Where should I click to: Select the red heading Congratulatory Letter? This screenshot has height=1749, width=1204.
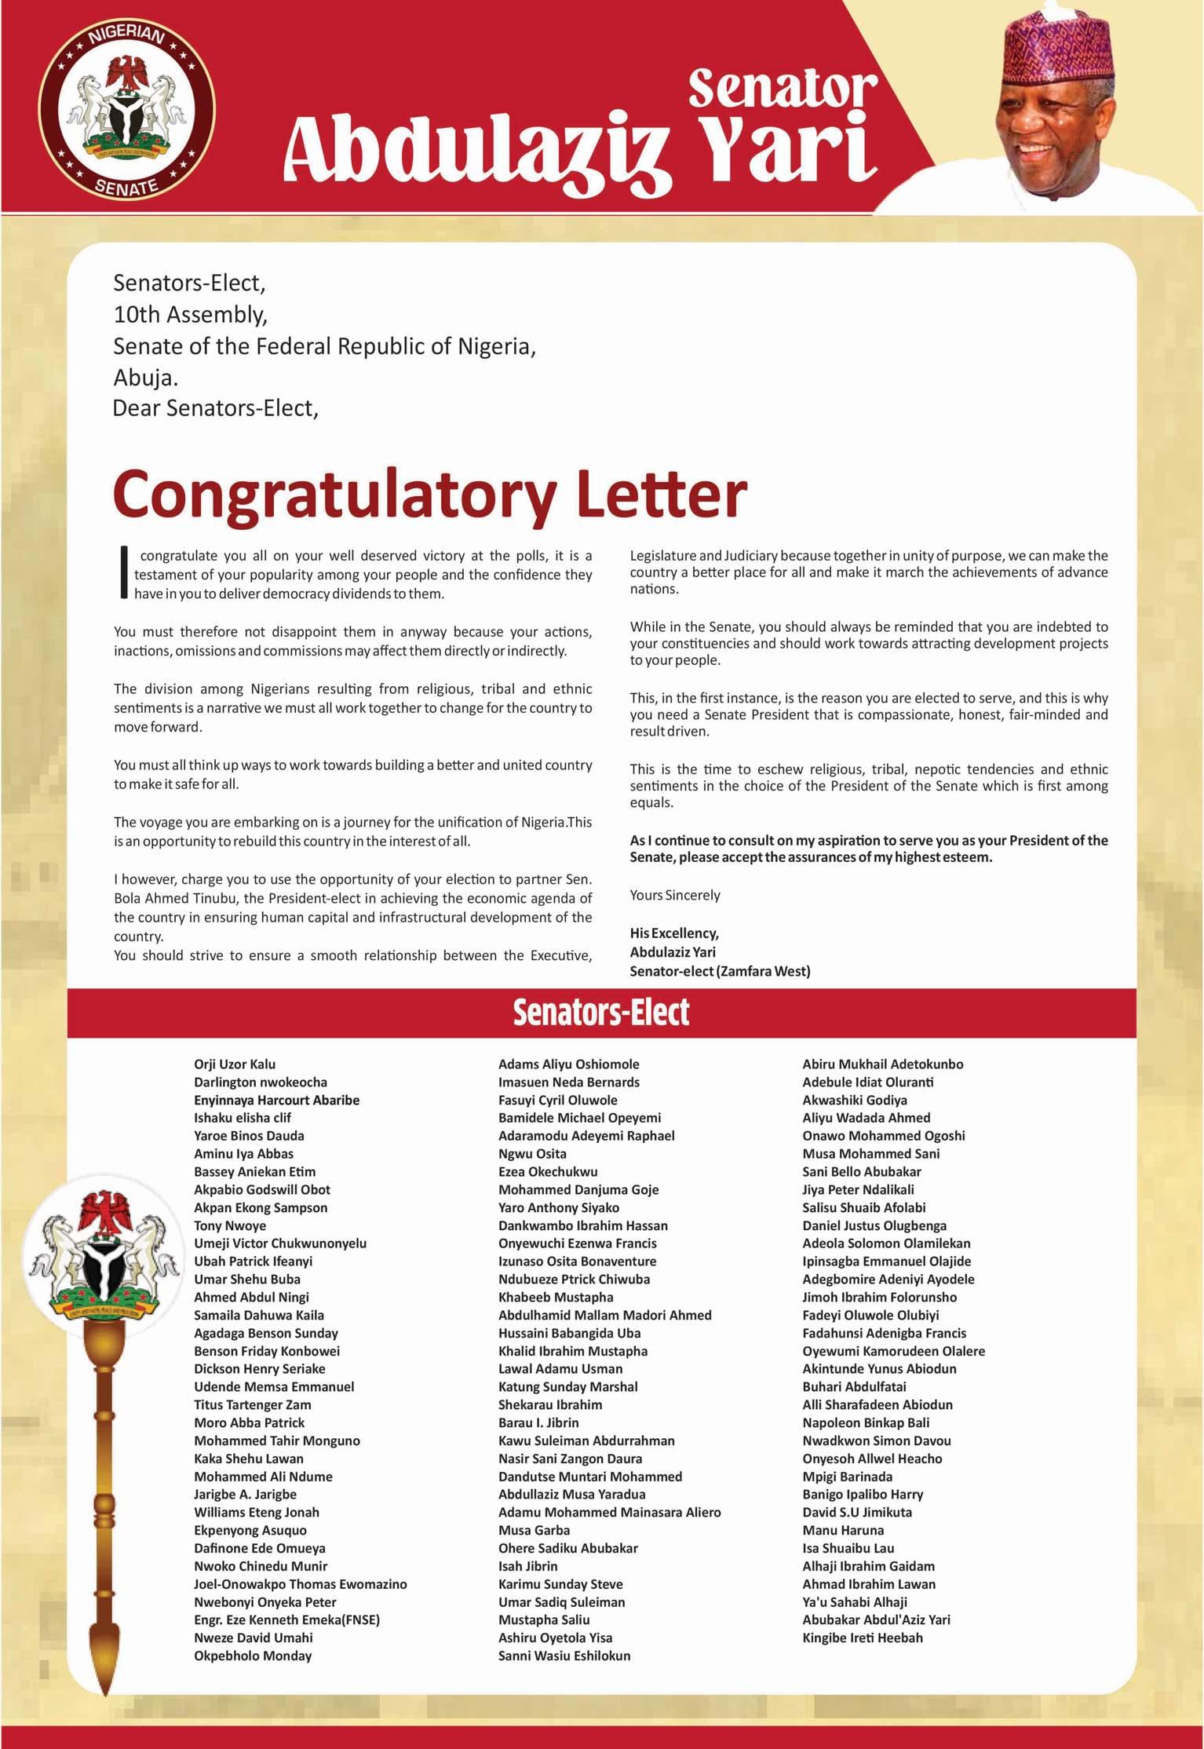pyautogui.click(x=429, y=494)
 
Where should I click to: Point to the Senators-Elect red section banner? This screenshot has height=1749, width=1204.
pyautogui.click(x=601, y=1013)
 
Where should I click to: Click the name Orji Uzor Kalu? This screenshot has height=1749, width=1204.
pyautogui.click(x=235, y=1064)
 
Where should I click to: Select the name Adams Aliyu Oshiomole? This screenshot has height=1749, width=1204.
pyautogui.click(x=568, y=1064)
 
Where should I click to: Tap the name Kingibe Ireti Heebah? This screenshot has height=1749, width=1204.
pyautogui.click(x=863, y=1638)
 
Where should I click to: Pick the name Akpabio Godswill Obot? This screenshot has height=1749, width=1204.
pyautogui.click(x=262, y=1189)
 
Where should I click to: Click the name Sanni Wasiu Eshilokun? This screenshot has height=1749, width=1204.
pyautogui.click(x=564, y=1656)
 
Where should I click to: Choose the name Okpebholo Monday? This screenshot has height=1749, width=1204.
pyautogui.click(x=253, y=1656)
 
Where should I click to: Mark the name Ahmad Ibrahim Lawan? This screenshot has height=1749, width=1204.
pyautogui.click(x=869, y=1584)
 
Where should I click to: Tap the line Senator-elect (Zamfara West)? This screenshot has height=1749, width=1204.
pyautogui.click(x=720, y=971)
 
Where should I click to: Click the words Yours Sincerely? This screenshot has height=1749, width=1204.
pyautogui.click(x=674, y=895)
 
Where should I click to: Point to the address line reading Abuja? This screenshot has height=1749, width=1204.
pyautogui.click(x=146, y=378)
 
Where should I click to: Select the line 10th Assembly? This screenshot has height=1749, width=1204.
pyautogui.click(x=191, y=315)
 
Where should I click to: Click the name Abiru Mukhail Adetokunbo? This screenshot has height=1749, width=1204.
pyautogui.click(x=882, y=1064)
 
